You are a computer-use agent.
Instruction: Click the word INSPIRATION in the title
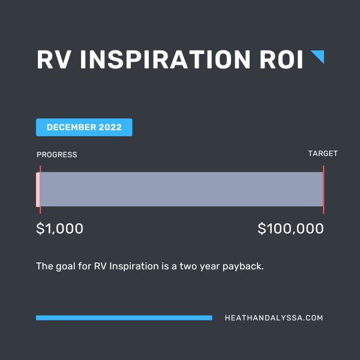click(x=165, y=59)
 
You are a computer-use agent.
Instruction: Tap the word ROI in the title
click(x=281, y=59)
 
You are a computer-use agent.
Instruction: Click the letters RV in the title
click(x=53, y=59)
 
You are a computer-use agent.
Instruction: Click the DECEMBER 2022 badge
click(x=84, y=127)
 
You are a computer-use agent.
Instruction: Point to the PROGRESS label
click(x=57, y=155)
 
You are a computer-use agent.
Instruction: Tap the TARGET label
click(x=323, y=154)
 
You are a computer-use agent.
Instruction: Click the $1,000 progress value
click(x=59, y=229)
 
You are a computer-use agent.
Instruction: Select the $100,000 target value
click(x=290, y=229)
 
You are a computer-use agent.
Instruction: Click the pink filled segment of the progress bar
click(x=38, y=190)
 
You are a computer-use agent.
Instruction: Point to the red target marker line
click(x=323, y=190)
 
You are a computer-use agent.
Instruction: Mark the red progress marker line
click(x=40, y=190)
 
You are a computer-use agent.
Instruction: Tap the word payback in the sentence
click(x=243, y=266)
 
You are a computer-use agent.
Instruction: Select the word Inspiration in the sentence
click(x=134, y=266)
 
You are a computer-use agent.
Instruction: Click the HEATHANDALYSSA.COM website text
click(x=274, y=318)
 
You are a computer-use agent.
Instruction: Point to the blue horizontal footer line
click(x=124, y=318)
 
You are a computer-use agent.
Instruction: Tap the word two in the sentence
click(x=188, y=266)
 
